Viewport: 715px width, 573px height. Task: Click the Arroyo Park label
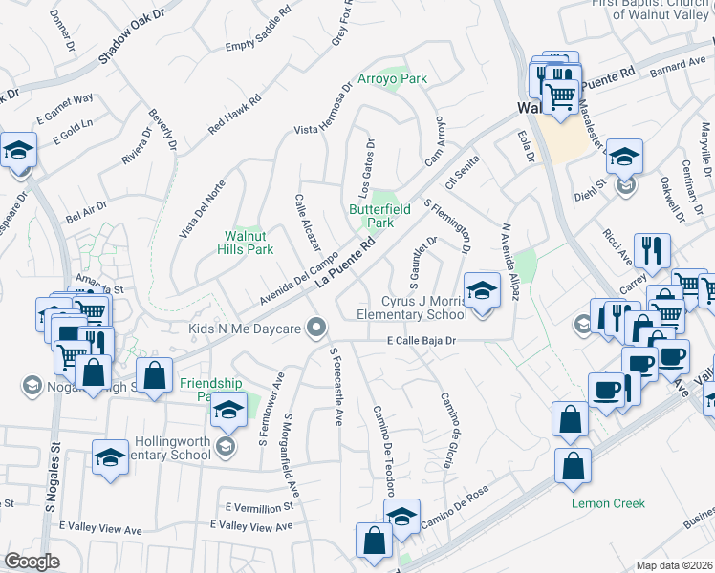click(392, 78)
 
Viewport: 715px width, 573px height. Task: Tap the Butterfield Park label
click(371, 215)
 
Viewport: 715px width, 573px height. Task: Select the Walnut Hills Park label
click(249, 242)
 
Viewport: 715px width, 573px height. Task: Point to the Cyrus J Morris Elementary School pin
click(482, 289)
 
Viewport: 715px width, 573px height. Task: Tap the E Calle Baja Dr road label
click(424, 341)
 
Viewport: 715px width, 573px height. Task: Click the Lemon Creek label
click(608, 503)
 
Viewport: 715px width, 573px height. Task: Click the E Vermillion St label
click(258, 506)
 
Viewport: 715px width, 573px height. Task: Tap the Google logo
click(31, 562)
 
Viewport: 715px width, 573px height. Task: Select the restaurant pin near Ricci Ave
click(652, 251)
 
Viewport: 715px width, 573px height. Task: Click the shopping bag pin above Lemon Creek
click(572, 466)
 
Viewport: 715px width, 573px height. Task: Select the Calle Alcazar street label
click(308, 222)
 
